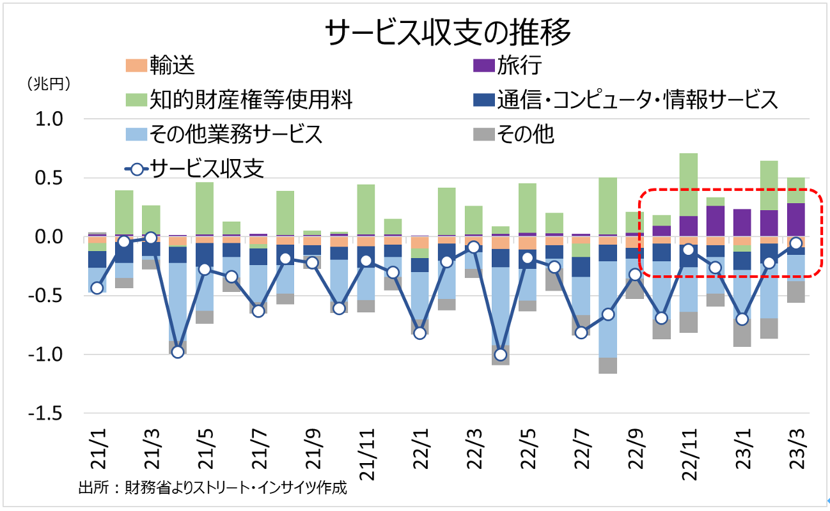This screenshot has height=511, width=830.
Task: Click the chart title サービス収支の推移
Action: [x=447, y=33]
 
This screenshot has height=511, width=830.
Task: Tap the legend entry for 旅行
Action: [x=508, y=65]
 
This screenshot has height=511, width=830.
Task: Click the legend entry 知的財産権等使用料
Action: [x=240, y=100]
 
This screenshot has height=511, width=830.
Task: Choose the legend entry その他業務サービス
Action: [x=224, y=134]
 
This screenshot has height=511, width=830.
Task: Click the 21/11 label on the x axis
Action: [x=364, y=450]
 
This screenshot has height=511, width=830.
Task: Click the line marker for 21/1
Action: [x=97, y=288]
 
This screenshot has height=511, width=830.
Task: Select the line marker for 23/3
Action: [x=796, y=243]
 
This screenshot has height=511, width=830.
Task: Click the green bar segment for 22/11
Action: [x=689, y=185]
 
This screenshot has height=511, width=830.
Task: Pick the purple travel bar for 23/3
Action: [x=796, y=220]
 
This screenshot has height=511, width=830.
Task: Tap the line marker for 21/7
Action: [x=258, y=311]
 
